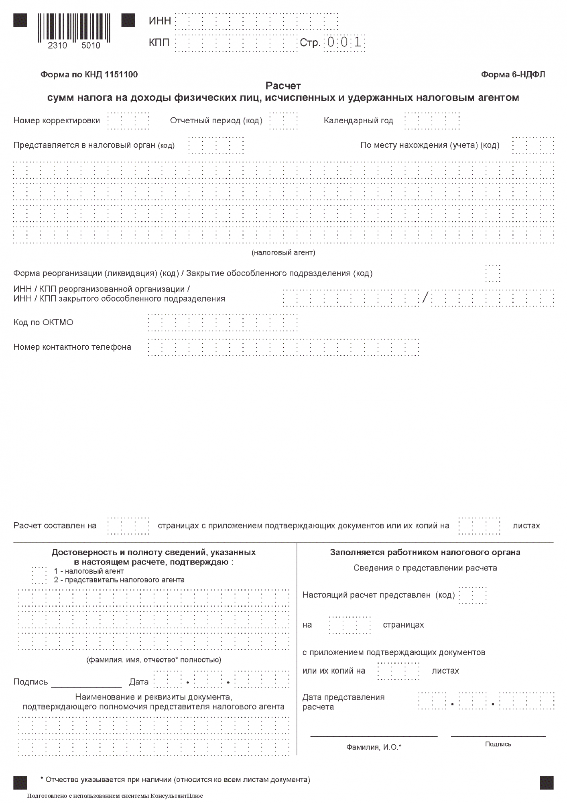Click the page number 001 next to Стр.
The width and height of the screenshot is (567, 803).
(344, 42)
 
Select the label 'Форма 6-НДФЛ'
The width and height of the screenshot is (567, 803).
(513, 75)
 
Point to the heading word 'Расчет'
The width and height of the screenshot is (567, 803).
(283, 86)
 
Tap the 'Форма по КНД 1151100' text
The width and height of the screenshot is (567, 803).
(89, 75)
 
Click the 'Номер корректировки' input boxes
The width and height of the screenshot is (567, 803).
(128, 121)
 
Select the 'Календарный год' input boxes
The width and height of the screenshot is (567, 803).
(432, 121)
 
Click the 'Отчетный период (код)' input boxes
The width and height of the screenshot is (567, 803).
(283, 121)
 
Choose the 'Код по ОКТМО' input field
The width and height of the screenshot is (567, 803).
(223, 323)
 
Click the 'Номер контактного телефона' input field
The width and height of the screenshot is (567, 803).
(283, 347)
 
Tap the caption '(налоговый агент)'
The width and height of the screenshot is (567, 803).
(283, 253)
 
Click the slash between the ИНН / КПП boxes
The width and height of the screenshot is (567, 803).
(425, 298)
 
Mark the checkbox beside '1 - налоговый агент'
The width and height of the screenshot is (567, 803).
(39, 575)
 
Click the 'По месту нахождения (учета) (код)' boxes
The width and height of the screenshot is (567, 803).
(533, 145)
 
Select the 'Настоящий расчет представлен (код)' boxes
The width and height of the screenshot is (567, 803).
(472, 595)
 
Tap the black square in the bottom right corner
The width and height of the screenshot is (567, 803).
(547, 783)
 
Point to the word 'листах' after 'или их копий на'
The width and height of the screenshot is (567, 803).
(445, 671)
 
